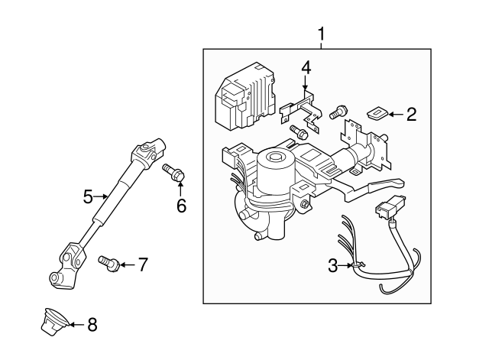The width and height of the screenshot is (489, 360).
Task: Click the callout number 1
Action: point(321,34)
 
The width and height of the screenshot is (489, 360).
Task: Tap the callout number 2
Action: point(411,115)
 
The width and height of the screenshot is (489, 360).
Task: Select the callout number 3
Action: point(332,265)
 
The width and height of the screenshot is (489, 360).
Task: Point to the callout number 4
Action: point(306,67)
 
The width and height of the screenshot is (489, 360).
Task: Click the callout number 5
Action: point(88,197)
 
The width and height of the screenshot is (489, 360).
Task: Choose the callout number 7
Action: point(142,265)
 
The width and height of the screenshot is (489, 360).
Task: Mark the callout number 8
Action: point(92,325)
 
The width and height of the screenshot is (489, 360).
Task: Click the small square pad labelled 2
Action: point(375,114)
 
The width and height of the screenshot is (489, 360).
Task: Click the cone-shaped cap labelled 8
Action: point(51,322)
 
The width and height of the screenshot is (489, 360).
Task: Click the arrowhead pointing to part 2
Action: point(391,115)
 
